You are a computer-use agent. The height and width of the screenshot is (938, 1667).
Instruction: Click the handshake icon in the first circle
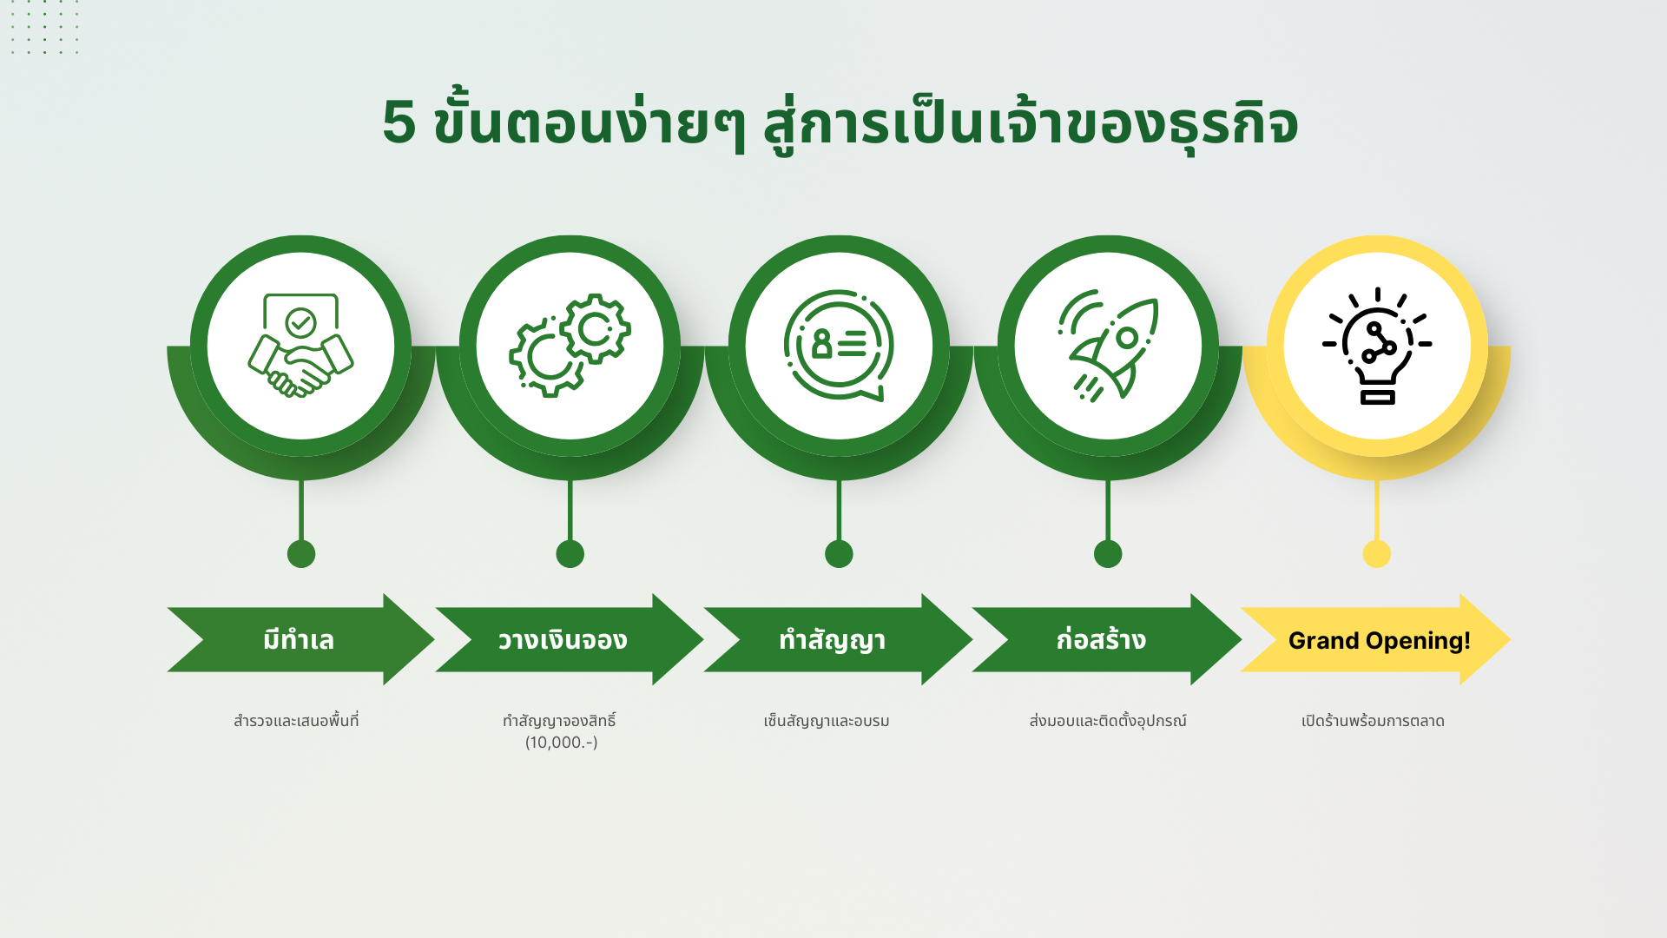[x=300, y=346]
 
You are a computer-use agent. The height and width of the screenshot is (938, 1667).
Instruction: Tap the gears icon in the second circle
[x=570, y=346]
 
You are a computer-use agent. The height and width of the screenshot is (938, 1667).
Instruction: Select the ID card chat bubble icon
[x=839, y=346]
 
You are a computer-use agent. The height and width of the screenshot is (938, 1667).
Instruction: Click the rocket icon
[x=1108, y=346]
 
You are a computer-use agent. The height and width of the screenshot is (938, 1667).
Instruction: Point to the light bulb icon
[x=1377, y=346]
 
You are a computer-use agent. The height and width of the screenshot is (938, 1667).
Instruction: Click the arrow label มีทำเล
[x=299, y=640]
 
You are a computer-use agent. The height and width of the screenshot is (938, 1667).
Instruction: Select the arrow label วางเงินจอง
[x=563, y=640]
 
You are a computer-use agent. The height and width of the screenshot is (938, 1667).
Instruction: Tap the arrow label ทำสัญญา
[x=832, y=640]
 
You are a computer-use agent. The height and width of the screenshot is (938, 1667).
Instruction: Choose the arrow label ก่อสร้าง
[x=1101, y=639]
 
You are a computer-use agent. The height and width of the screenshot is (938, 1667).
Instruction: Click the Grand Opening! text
[x=1379, y=641]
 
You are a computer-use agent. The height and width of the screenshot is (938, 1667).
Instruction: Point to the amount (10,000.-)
[x=561, y=743]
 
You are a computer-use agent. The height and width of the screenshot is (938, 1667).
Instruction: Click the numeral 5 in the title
[x=399, y=122]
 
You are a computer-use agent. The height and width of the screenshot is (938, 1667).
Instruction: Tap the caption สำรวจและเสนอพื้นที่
[x=296, y=721]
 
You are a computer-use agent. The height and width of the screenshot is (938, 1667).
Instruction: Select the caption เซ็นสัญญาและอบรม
[x=827, y=721]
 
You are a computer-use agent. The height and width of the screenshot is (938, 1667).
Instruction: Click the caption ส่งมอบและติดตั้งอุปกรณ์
[x=1108, y=721]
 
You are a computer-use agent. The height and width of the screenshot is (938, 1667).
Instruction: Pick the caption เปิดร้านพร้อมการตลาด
[x=1373, y=721]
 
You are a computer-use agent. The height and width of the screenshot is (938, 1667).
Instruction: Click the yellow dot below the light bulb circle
[x=1377, y=553]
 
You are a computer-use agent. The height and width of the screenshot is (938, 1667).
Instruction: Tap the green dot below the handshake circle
[x=301, y=553]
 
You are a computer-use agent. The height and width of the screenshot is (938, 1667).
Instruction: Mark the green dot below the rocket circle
[x=1108, y=553]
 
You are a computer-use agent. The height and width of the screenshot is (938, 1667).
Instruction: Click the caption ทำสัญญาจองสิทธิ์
[x=559, y=721]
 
